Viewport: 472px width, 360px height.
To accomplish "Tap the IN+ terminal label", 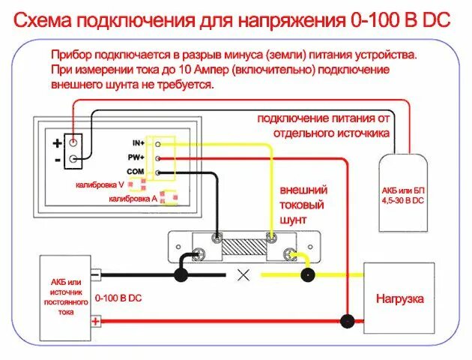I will [138, 142].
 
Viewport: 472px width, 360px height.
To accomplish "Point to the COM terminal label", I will [136, 172].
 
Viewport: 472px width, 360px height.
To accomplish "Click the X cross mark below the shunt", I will [243, 274].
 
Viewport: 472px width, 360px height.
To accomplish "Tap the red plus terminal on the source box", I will [96, 322].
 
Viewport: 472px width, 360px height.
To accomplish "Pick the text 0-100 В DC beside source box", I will [118, 298].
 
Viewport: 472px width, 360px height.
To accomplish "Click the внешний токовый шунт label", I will [302, 205].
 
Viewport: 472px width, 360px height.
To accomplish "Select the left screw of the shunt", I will [217, 240].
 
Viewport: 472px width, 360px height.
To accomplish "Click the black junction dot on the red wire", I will [347, 322].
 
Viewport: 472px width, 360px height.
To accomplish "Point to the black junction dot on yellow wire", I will [307, 274].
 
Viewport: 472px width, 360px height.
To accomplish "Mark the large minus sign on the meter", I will [57, 160].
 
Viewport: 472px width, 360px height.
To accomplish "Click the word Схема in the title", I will [47, 20].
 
